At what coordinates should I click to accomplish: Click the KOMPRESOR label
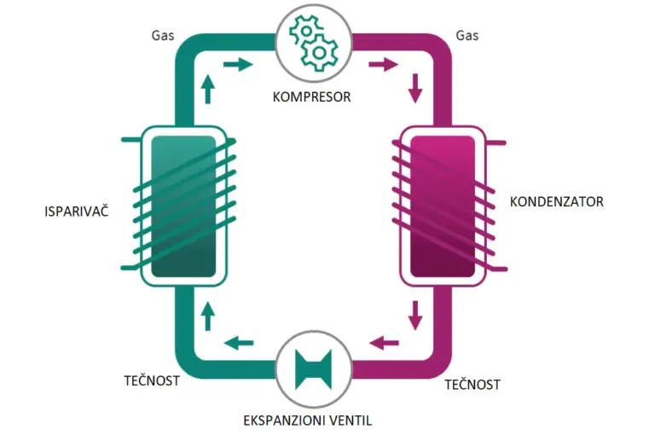pyautogui.click(x=311, y=97)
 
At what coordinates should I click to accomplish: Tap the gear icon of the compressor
pyautogui.click(x=314, y=43)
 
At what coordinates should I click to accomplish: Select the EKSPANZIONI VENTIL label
pyautogui.click(x=307, y=420)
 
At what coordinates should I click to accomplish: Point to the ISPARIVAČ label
pyautogui.click(x=77, y=210)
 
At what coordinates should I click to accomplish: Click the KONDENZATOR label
pyautogui.click(x=556, y=202)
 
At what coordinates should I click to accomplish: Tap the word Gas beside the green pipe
pyautogui.click(x=163, y=36)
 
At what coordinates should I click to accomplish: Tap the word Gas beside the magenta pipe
pyautogui.click(x=467, y=36)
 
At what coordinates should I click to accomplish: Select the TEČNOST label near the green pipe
pyautogui.click(x=152, y=380)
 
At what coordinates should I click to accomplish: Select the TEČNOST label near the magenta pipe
pyautogui.click(x=472, y=384)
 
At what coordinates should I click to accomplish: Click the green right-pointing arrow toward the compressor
pyautogui.click(x=238, y=64)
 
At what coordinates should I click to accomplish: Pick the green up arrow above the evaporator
pyautogui.click(x=207, y=89)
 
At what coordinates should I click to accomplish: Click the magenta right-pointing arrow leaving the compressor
pyautogui.click(x=384, y=64)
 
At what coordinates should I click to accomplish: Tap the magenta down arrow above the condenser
pyautogui.click(x=415, y=89)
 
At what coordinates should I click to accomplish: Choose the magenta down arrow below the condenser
pyautogui.click(x=415, y=316)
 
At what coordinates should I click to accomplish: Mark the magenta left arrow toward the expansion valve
pyautogui.click(x=385, y=343)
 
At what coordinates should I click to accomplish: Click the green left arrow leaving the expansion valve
pyautogui.click(x=239, y=343)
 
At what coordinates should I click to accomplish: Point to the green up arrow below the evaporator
pyautogui.click(x=207, y=316)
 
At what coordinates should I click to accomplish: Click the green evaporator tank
pyautogui.click(x=183, y=206)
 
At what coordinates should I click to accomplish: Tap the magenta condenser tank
pyautogui.click(x=443, y=206)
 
